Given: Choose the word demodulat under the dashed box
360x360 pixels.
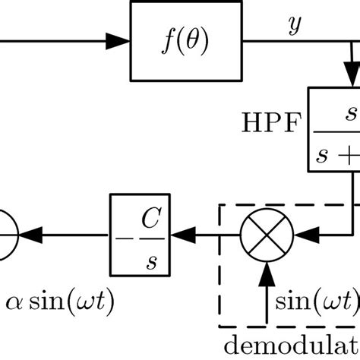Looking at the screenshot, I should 297,343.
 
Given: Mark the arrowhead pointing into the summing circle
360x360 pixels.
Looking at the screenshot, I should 30,227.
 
